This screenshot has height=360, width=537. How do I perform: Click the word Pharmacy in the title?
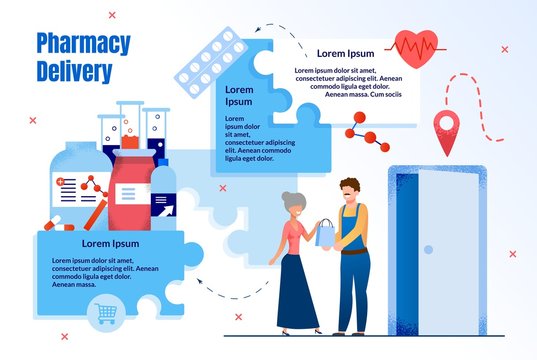(83, 44)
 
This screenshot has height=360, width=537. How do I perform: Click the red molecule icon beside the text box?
(361, 129)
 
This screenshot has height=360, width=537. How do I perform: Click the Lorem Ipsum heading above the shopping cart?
(110, 243)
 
